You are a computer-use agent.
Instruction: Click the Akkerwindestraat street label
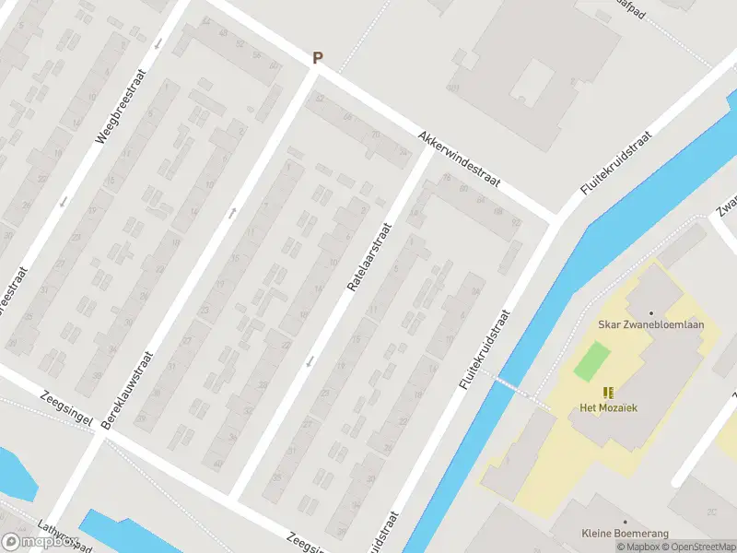tap(458, 159)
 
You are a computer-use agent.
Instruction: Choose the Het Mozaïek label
tap(607, 407)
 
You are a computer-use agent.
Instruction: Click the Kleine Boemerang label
tap(625, 534)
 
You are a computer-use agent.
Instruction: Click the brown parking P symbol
tap(318, 57)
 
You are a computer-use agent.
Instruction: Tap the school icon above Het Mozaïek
tap(608, 393)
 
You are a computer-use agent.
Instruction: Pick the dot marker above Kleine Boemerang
tap(626, 522)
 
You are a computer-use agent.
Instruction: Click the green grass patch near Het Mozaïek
tap(591, 360)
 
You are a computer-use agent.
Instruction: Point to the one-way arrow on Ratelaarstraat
tap(309, 360)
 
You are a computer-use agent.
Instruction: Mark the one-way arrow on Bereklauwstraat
tap(232, 213)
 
